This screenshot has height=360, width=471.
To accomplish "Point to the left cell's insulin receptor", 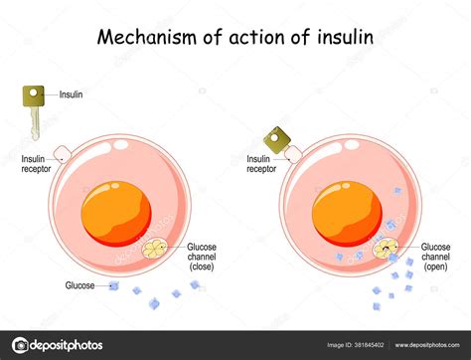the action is [x=61, y=153].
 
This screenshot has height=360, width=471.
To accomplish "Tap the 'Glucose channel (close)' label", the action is [x=208, y=256].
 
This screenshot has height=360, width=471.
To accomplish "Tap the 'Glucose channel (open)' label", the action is [x=437, y=255].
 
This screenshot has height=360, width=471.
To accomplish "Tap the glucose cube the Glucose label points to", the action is [x=114, y=286].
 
